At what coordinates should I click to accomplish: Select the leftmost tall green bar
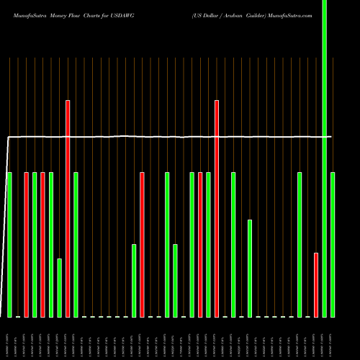tap(10, 245)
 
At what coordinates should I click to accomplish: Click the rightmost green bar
tap(333, 245)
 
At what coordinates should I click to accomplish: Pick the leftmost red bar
tap(27, 245)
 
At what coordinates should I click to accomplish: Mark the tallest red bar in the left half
tap(68, 209)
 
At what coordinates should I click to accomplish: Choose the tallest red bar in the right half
tap(217, 209)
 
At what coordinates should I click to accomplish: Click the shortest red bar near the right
tap(316, 284)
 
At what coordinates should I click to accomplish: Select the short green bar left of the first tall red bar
tap(60, 288)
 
